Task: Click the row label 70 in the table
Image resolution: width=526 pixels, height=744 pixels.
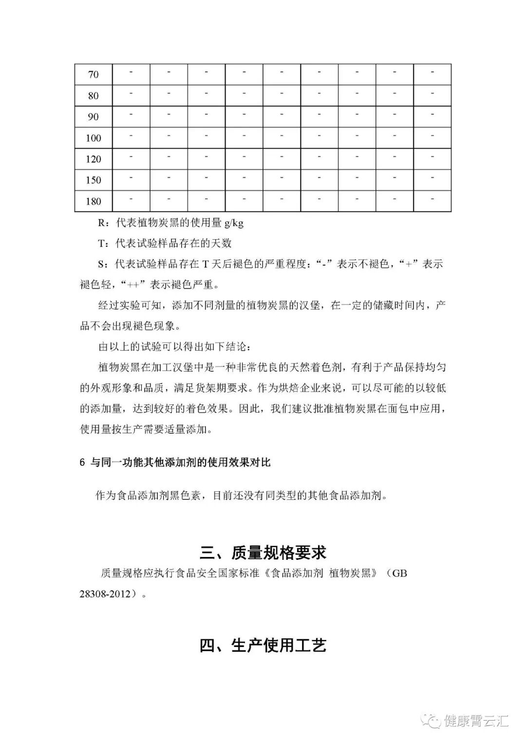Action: (x=93, y=75)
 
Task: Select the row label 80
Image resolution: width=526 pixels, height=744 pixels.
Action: (x=93, y=96)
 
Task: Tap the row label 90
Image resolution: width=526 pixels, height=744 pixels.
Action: (x=93, y=117)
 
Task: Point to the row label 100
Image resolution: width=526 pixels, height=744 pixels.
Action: (x=93, y=138)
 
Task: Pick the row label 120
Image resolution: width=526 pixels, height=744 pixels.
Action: (x=93, y=159)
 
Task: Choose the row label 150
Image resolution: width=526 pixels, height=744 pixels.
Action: (x=93, y=180)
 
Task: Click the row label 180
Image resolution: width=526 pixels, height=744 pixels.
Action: (x=93, y=202)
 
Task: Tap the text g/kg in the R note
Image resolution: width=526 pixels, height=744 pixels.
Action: (x=233, y=223)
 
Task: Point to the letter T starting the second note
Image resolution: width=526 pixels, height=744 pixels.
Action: (x=101, y=244)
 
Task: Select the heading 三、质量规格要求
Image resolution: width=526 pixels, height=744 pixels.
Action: (x=263, y=553)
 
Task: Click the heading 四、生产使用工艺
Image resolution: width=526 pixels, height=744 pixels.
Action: (x=263, y=646)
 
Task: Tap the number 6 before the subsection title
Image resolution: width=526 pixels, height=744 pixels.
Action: (x=82, y=462)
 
